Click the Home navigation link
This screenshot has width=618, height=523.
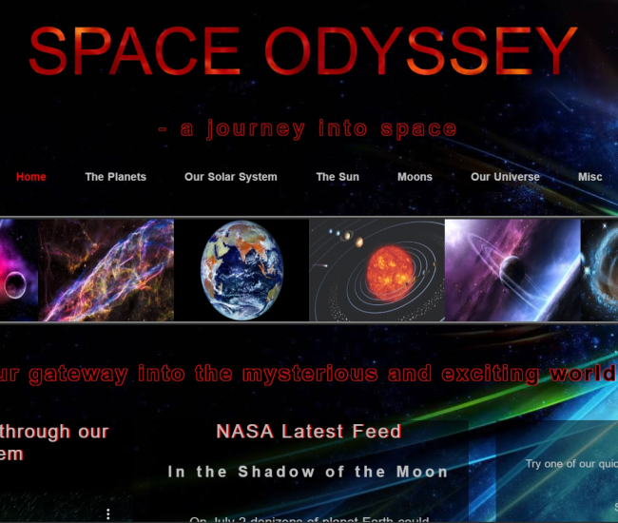[30, 177]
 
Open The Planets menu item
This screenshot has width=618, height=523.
[115, 177]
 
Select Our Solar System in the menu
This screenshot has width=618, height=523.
[231, 177]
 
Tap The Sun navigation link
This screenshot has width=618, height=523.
[338, 177]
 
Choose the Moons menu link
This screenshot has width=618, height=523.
[415, 177]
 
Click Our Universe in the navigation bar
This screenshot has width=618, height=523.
[505, 177]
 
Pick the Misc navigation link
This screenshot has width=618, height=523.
[589, 177]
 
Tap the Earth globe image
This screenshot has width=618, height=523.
[241, 270]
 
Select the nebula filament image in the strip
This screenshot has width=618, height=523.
[106, 270]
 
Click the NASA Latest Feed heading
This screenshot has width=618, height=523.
[308, 432]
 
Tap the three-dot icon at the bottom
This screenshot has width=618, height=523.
[108, 514]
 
